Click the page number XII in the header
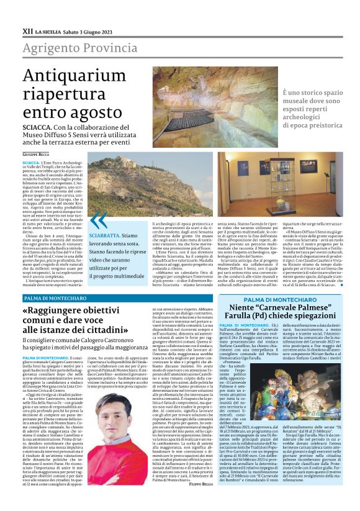pyautogui.click(x=27, y=30)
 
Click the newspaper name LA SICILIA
pyautogui.click(x=48, y=31)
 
